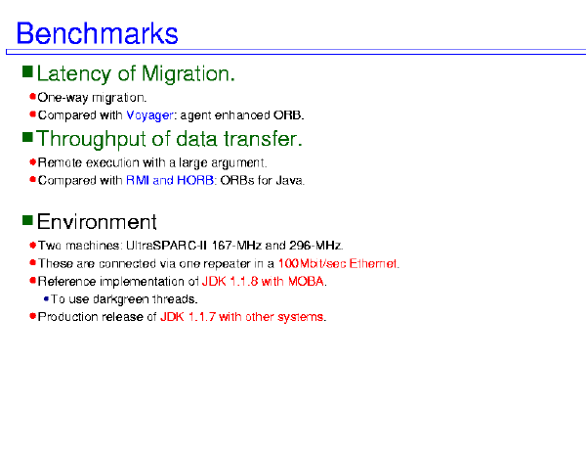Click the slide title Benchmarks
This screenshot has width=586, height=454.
97,33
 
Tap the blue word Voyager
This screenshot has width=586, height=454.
149,115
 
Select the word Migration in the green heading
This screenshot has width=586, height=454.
188,73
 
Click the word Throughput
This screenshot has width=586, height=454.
91,140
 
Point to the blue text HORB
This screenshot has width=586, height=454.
195,180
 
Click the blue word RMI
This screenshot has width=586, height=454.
138,180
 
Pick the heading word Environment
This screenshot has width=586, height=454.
97,221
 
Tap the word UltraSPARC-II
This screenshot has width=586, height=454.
166,246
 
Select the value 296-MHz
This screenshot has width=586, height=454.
315,246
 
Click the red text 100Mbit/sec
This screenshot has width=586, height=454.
313,264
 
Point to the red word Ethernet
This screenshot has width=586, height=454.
373,264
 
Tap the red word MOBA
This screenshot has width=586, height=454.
306,282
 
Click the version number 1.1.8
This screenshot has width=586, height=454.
243,282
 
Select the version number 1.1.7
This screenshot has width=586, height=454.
202,317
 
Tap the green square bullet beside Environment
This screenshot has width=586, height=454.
27,220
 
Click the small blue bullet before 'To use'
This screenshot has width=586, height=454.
46,298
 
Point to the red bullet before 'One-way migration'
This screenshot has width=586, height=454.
32,97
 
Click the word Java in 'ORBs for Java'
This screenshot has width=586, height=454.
289,181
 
